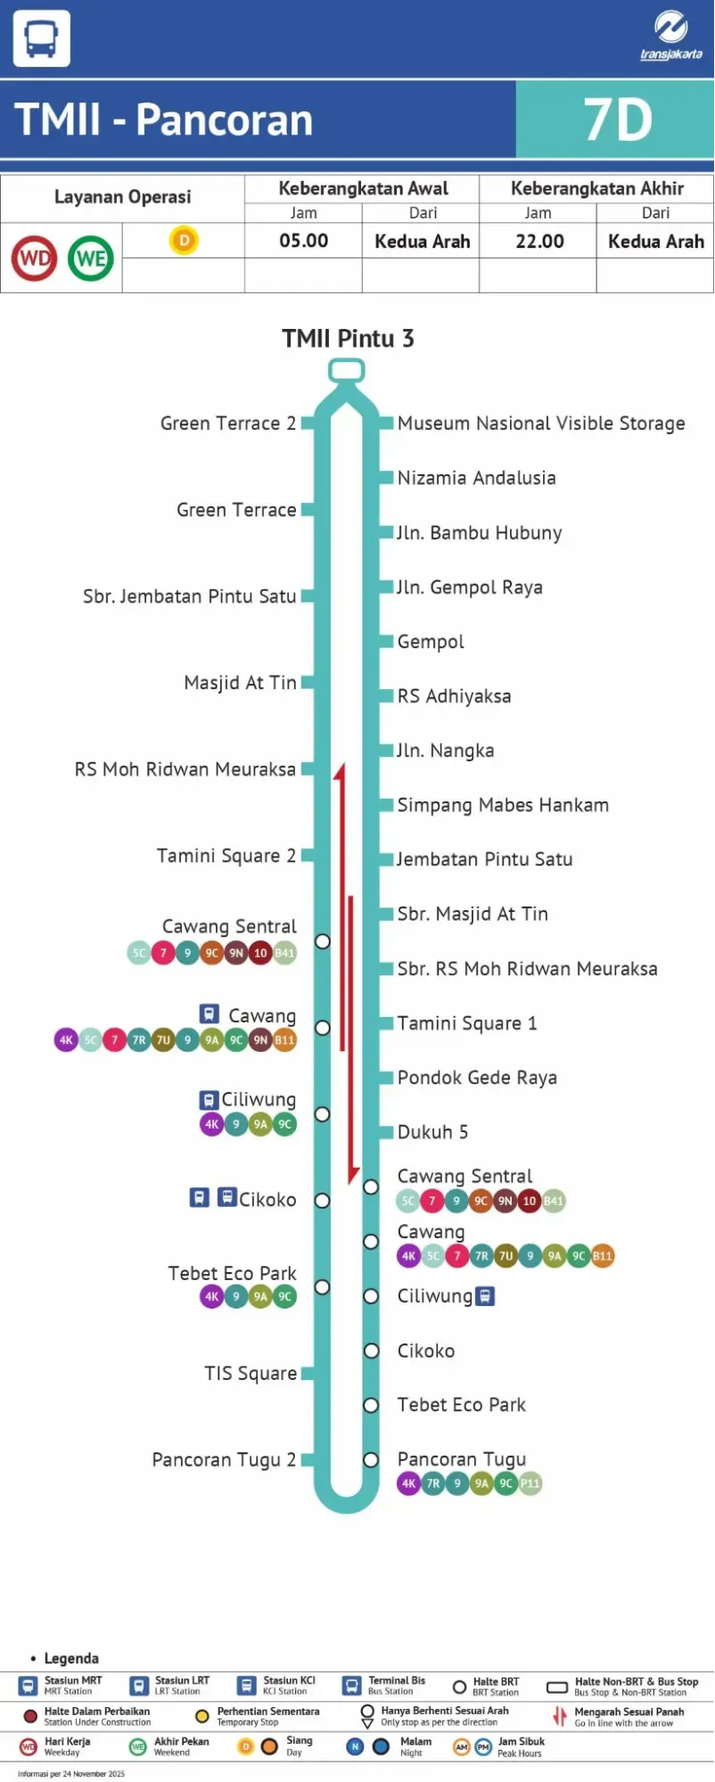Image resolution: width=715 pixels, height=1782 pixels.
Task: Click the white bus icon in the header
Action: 41,38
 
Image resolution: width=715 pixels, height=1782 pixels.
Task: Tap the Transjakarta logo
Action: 670,37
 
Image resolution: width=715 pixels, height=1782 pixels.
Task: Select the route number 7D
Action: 617,120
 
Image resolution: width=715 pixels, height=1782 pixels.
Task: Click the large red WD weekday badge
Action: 34,259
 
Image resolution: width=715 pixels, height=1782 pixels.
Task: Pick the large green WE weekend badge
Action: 91,259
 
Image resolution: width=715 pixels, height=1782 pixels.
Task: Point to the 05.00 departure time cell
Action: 303,242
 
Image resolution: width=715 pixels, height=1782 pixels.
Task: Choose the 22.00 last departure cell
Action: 539,242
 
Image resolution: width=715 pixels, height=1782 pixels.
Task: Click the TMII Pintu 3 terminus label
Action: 348,339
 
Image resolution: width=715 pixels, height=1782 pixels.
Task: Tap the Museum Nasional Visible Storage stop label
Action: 540,423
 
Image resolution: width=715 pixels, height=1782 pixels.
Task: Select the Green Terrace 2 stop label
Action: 227,423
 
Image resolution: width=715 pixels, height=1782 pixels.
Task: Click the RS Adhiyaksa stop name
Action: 454,696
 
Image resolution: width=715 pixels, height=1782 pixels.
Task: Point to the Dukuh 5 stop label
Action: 432,1132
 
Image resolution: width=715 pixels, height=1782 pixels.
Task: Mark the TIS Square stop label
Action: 251,1374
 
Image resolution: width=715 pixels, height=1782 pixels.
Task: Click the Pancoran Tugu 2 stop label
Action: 224,1459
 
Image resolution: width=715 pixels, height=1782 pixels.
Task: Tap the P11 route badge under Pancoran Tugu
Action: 530,1483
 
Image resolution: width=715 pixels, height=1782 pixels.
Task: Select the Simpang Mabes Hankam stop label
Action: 503,805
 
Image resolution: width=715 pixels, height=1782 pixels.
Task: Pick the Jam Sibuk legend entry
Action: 521,1746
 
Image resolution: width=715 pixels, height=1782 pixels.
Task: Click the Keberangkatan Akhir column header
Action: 596,189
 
